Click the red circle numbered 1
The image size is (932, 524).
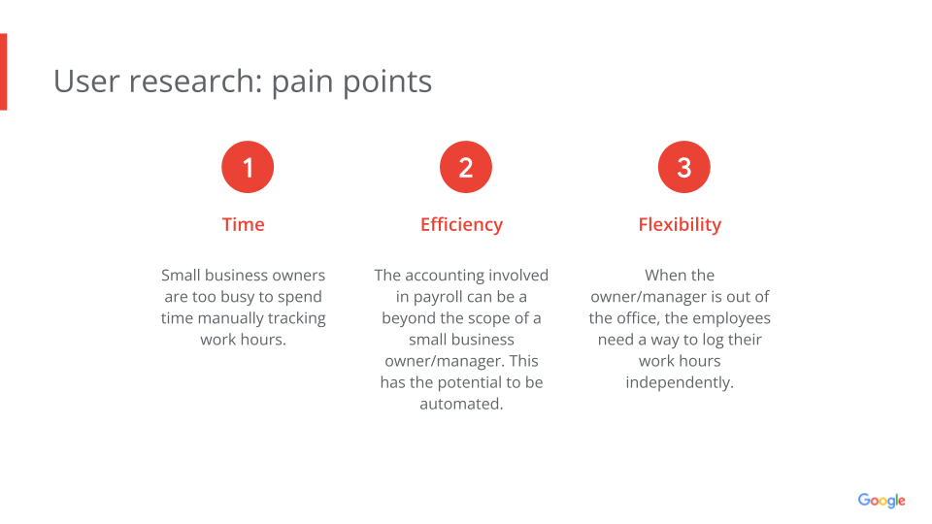(248, 167)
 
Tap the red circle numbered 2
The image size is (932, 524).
(466, 167)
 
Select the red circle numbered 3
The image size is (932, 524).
(684, 167)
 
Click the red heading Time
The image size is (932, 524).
(243, 224)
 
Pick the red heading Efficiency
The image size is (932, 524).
(462, 224)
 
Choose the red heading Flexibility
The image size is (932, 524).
(680, 224)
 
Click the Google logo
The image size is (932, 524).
(882, 501)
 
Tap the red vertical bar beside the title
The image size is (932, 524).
(4, 72)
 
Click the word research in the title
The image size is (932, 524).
(195, 81)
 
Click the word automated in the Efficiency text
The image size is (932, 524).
(461, 404)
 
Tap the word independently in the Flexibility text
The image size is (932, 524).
(680, 382)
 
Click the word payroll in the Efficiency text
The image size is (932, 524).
(437, 297)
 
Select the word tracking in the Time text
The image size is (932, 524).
(297, 318)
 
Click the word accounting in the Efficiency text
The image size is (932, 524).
(445, 276)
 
